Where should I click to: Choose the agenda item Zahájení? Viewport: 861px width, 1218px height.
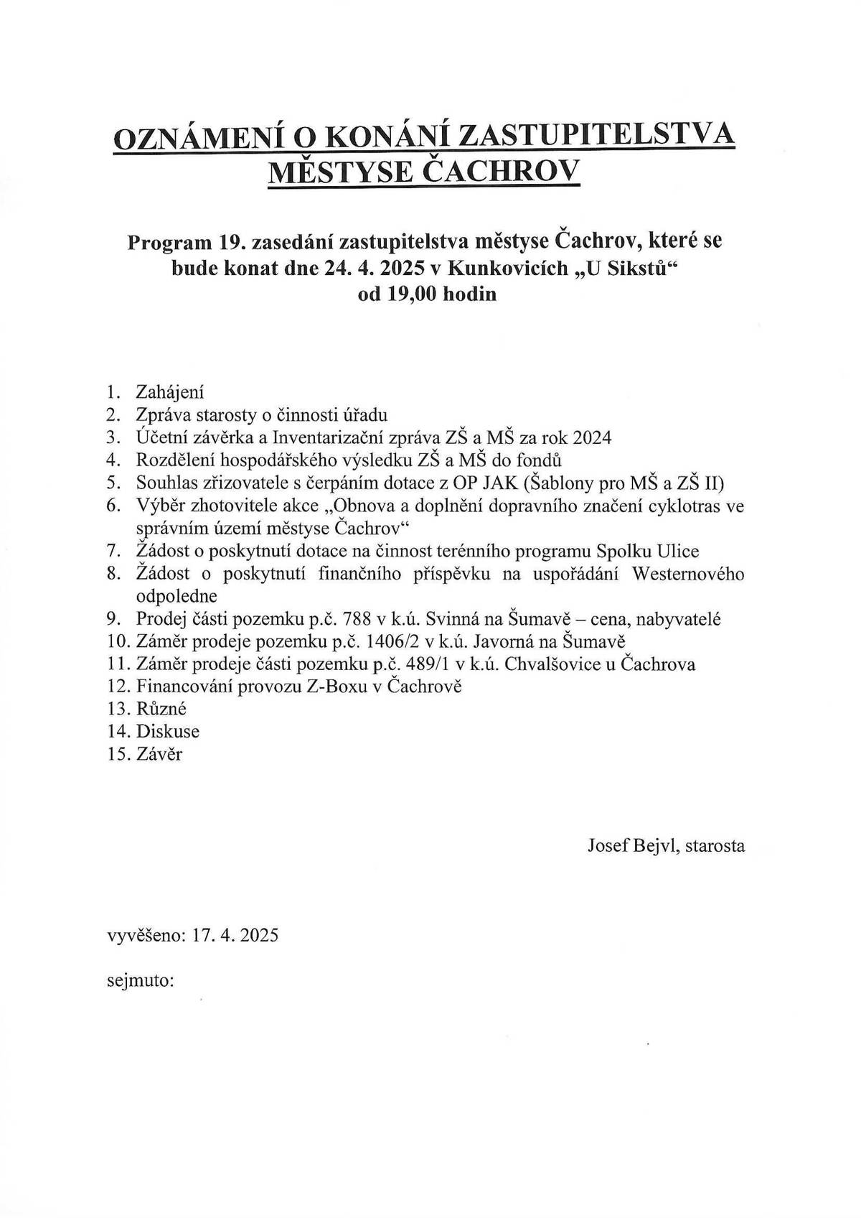click(170, 392)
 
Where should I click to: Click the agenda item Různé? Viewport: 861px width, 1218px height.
click(161, 709)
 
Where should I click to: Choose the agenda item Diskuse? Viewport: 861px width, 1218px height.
click(167, 732)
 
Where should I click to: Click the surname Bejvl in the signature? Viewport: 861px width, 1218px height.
click(655, 846)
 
